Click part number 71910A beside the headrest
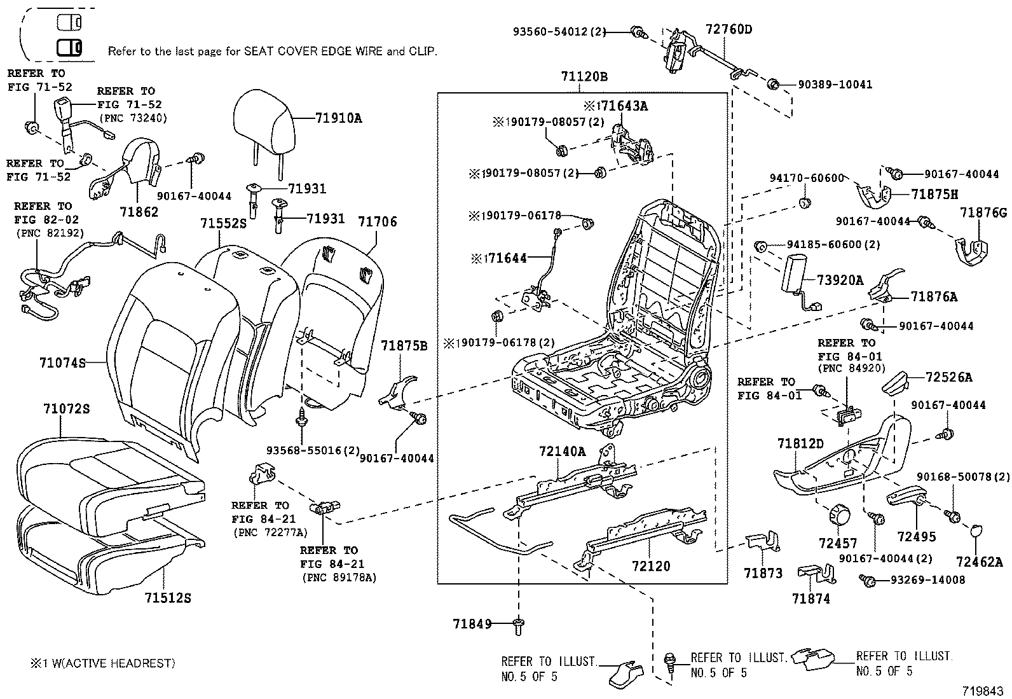338,118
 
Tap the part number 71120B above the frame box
584,77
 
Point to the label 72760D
728,29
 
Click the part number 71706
377,221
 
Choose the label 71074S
62,363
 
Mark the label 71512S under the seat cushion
168,598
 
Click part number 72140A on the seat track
562,452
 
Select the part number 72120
651,565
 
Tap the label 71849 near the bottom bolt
472,624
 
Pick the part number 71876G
983,213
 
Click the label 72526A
948,377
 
